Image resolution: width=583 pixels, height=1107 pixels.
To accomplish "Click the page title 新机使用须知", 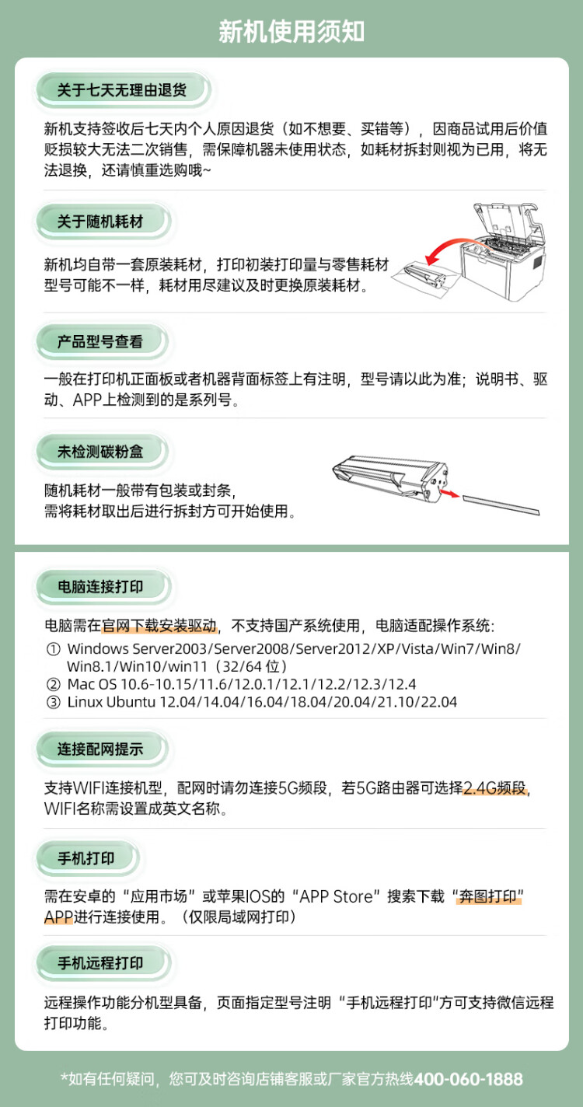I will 291,32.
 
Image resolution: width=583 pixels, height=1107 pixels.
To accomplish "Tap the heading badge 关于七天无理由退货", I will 122,90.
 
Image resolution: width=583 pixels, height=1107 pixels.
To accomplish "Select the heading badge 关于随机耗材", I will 100,222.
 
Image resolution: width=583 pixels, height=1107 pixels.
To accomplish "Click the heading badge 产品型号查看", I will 100,341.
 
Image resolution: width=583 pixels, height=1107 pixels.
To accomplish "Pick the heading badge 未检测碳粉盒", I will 100,452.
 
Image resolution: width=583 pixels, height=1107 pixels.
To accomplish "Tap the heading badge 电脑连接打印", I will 100,587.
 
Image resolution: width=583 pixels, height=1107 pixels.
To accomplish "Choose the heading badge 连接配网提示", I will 100,749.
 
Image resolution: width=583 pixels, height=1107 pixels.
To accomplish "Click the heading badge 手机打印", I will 86,858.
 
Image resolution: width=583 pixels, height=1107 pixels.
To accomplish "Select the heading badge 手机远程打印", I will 100,963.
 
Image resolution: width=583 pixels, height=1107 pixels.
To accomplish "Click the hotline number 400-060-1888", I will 468,1079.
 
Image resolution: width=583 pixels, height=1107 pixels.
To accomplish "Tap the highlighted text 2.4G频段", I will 496,788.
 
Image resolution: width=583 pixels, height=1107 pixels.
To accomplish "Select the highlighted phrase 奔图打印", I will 489,896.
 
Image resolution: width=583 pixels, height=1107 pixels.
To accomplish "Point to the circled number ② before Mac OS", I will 53,685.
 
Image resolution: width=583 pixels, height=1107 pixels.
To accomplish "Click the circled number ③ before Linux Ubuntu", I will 53,703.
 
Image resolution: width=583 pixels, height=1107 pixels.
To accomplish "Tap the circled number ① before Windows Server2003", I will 53,648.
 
